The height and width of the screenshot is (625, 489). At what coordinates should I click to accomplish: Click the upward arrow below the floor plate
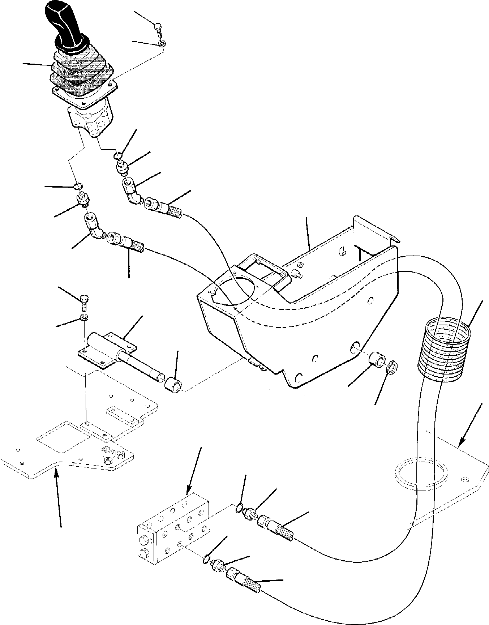(57, 499)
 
